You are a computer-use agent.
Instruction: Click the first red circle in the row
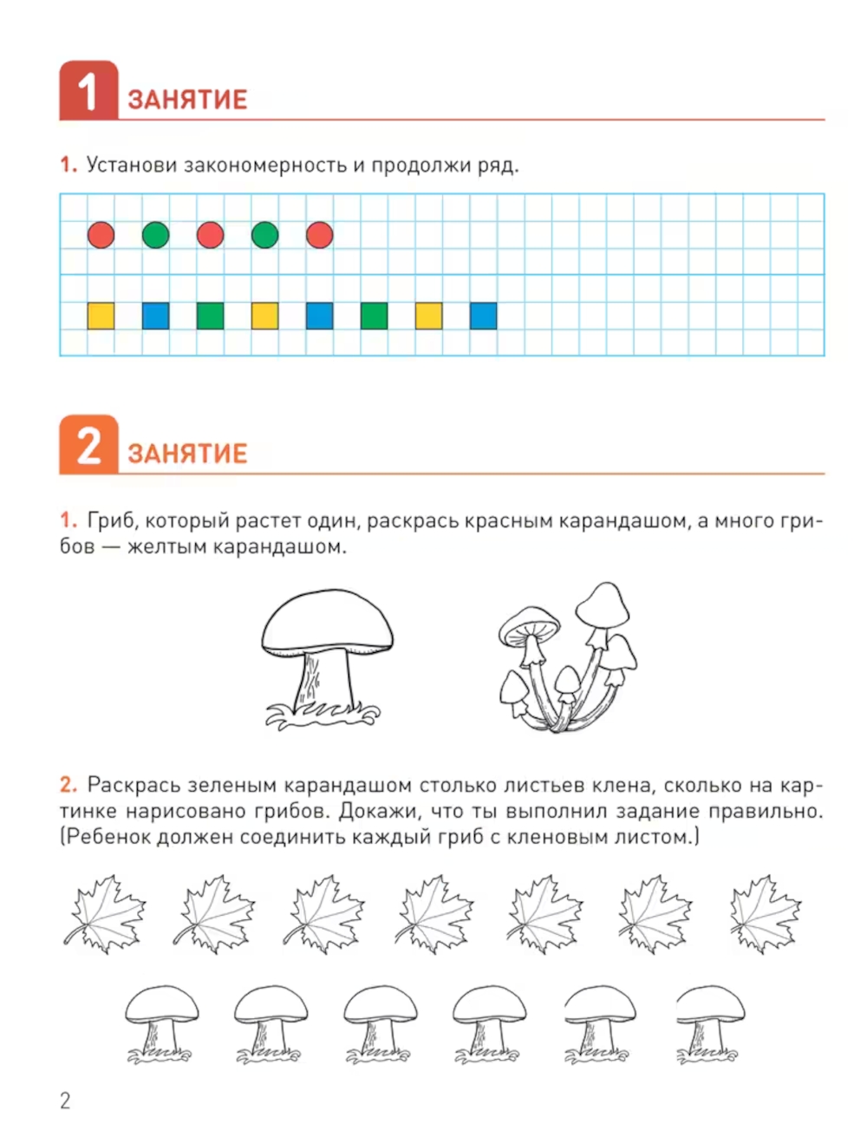(101, 235)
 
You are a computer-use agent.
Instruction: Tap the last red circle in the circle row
(319, 235)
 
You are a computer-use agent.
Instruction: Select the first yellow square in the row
(101, 316)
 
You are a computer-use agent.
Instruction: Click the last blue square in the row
(483, 316)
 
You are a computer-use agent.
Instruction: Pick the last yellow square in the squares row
(428, 316)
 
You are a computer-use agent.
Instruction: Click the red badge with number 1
(88, 90)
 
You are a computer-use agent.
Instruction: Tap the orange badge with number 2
(88, 444)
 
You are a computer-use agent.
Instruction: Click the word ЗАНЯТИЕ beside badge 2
(187, 454)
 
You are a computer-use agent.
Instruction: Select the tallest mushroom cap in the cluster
(603, 605)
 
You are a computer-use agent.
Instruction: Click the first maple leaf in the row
(105, 914)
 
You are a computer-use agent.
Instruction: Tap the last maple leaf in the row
(766, 914)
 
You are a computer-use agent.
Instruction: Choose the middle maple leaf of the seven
(434, 914)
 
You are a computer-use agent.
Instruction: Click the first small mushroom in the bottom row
(161, 1024)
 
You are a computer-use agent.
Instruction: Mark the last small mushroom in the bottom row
(710, 1024)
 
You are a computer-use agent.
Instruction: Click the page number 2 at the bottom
(65, 1101)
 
